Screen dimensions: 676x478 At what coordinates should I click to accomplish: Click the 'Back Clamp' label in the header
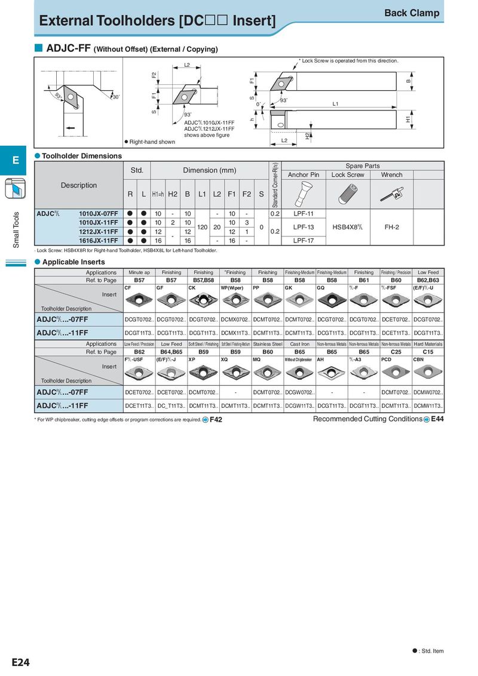coord(412,13)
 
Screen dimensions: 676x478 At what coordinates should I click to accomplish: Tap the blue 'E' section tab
coord(16,160)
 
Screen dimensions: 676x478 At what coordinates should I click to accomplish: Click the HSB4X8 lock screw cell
coord(347,227)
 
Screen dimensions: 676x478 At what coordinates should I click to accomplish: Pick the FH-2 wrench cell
coord(391,227)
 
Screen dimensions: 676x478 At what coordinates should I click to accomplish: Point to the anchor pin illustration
coord(303,193)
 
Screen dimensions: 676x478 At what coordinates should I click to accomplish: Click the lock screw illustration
coord(347,193)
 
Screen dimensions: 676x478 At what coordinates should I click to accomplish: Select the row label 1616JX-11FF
coord(98,241)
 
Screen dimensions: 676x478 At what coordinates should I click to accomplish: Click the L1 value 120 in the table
coord(202,227)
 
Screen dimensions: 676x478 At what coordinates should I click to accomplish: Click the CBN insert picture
coord(428,373)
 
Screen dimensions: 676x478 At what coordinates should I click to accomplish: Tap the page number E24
coord(20,662)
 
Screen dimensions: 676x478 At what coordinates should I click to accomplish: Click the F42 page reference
coord(216,420)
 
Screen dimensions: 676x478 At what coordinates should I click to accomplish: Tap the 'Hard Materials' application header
coord(428,344)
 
